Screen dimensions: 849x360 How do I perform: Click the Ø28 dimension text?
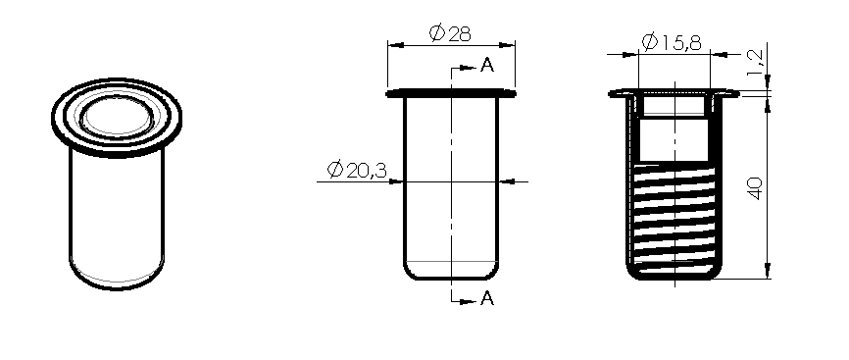(x=451, y=33)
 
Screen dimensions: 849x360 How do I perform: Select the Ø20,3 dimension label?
(x=357, y=171)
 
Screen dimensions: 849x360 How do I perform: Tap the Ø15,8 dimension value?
(x=672, y=42)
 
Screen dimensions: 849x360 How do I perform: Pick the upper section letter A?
(x=487, y=66)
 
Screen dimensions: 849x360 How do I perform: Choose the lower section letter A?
(x=487, y=298)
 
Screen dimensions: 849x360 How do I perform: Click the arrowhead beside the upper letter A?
(x=468, y=69)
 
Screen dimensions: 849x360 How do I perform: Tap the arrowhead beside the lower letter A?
(x=468, y=301)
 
